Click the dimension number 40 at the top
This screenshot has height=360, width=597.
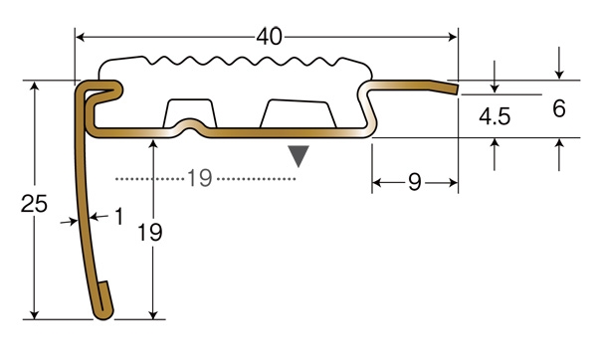(270, 37)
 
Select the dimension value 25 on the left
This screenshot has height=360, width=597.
(34, 203)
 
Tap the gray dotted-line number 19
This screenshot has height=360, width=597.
(200, 178)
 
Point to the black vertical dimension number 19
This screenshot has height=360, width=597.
(149, 232)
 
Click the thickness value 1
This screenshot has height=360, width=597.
(119, 216)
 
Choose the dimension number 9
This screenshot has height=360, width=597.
(415, 182)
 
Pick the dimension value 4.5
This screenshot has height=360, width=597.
(495, 116)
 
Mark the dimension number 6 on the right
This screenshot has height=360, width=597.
(559, 108)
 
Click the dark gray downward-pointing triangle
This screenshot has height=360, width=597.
(298, 156)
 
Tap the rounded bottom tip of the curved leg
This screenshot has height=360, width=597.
(103, 314)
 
